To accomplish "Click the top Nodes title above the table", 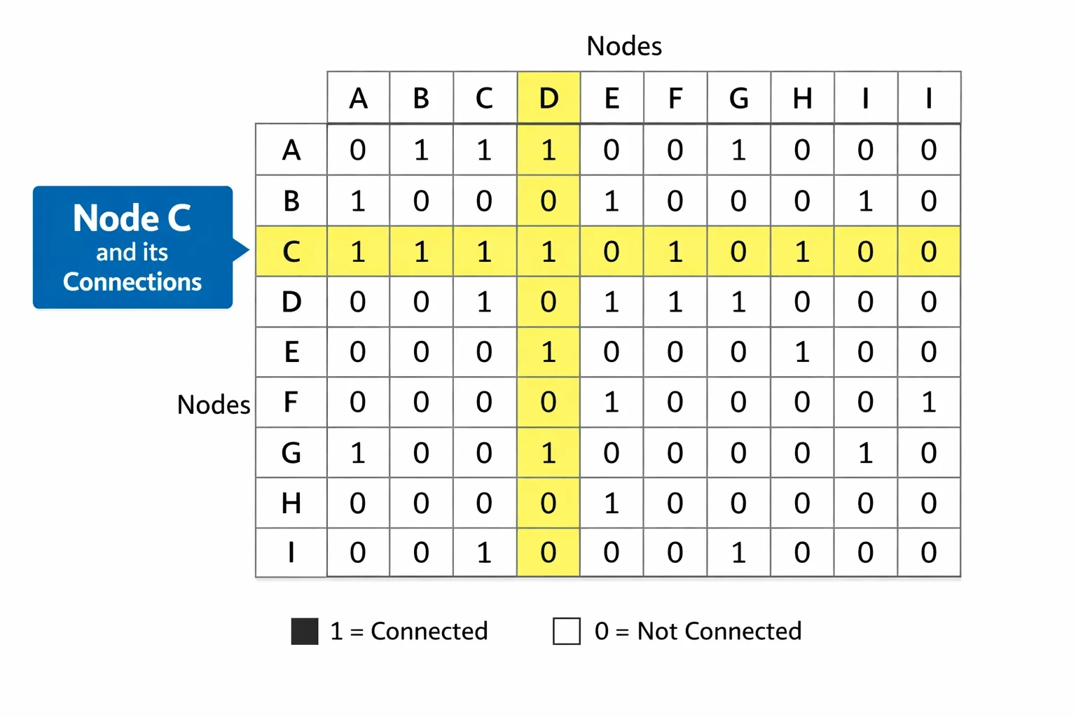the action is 624,46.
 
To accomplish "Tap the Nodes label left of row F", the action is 214,405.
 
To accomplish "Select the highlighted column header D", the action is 549,98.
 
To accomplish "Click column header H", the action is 802,98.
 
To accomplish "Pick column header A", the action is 359,98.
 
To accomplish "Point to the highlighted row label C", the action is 291,251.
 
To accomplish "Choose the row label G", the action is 291,452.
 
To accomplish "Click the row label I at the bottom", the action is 291,552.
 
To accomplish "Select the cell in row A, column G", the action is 739,149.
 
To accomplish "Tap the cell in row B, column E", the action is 612,201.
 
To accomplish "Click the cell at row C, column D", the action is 549,251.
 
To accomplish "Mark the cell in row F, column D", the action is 549,402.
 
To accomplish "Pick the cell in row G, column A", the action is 359,452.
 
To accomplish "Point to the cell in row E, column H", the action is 802,352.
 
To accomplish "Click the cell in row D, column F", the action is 675,302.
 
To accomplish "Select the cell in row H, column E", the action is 612,503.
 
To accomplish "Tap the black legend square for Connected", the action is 305,631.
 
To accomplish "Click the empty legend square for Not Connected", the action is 567,631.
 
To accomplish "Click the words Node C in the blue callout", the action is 132,218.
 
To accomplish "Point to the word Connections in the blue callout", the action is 132,282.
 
